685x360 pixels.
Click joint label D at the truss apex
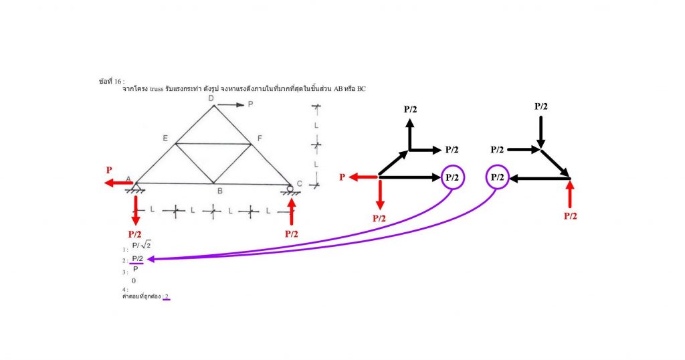click(211, 98)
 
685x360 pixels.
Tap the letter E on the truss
click(165, 138)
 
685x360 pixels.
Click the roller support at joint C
click(290, 189)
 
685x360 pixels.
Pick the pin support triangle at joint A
click(136, 187)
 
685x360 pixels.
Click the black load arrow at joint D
click(232, 104)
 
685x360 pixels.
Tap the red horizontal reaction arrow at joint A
click(118, 183)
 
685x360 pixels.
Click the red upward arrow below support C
click(291, 210)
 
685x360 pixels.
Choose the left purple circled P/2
click(452, 177)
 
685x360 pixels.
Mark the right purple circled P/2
click(496, 177)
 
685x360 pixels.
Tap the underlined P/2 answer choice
click(137, 259)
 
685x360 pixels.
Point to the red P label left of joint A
click(108, 170)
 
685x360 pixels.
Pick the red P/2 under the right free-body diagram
click(570, 215)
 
